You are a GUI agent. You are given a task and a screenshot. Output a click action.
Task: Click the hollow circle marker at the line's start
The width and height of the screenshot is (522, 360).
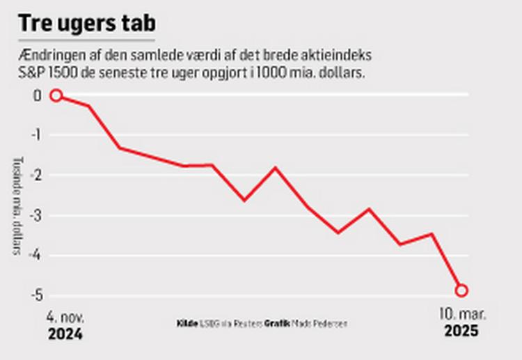tap(56, 95)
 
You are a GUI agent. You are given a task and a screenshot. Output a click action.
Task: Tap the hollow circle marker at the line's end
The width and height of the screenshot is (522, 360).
tap(461, 290)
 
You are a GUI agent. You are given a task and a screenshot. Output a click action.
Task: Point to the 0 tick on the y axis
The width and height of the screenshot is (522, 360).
tap(38, 95)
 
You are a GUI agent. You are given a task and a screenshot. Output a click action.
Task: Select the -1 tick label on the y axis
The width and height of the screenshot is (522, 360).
tap(35, 135)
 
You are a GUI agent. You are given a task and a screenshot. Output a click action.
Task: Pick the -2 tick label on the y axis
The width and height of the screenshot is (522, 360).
tap(35, 175)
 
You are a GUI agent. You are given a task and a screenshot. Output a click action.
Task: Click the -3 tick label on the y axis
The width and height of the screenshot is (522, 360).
tap(35, 214)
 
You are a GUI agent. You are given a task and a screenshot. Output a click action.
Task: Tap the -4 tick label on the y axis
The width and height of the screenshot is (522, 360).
tap(35, 254)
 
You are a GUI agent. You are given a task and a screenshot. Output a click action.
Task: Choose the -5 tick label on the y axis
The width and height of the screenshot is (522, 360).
tap(35, 294)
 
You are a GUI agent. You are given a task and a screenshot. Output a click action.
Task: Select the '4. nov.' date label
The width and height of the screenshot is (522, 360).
tap(65, 316)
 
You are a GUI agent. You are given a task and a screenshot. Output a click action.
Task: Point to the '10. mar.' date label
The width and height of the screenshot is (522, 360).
tap(462, 315)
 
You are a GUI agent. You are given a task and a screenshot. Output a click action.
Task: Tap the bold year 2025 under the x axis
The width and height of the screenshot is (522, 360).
tap(462, 331)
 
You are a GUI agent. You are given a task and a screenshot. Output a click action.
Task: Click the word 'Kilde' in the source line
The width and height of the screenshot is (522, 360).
tap(187, 324)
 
